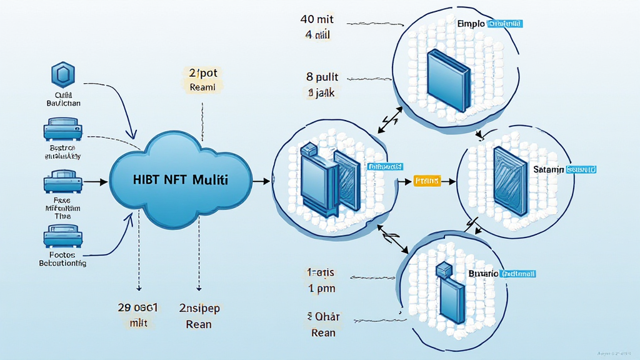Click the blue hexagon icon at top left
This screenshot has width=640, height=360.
click(x=62, y=76)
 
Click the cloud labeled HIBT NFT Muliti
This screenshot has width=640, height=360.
click(x=181, y=179)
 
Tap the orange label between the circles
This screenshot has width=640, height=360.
click(x=427, y=181)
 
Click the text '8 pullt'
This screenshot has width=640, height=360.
click(x=322, y=77)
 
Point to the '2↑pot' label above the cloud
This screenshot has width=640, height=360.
click(x=202, y=72)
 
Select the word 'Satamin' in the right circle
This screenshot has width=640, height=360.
click(x=548, y=169)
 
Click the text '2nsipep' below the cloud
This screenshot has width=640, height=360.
click(x=199, y=308)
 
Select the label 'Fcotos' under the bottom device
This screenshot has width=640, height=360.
click(x=62, y=255)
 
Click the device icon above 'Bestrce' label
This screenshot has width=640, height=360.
click(x=62, y=131)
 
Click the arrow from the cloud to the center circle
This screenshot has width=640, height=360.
click(x=261, y=181)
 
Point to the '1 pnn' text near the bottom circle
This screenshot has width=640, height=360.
click(x=321, y=289)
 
